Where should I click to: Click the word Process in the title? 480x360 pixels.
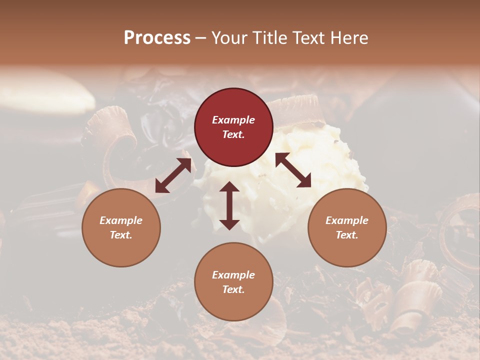(157, 38)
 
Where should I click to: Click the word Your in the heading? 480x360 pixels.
(230, 38)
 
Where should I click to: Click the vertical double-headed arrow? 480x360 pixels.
(229, 205)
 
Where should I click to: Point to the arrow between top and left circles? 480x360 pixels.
(173, 175)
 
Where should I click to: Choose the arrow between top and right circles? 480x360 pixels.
(293, 170)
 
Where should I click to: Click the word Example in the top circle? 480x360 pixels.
(233, 120)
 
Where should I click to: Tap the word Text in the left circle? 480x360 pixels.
(121, 235)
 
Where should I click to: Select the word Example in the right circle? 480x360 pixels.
(347, 220)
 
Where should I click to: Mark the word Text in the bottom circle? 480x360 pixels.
(233, 289)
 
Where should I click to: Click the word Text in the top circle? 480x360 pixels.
(233, 134)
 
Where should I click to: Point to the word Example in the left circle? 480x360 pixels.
(121, 220)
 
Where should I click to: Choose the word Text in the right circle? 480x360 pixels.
(347, 235)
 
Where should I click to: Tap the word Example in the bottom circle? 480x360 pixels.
(233, 275)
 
